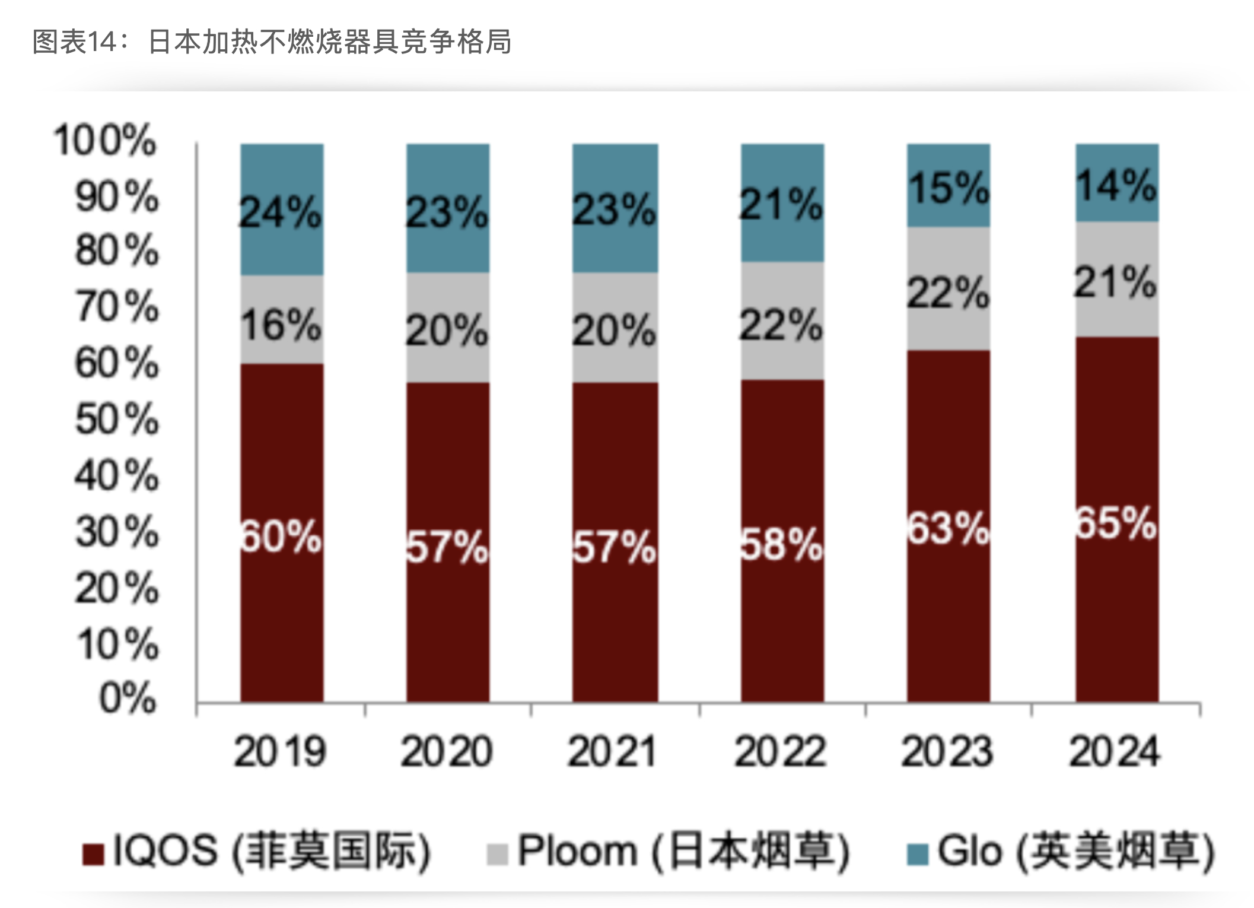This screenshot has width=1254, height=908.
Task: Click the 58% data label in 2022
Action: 781,544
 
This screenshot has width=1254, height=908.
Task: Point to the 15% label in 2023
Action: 948,188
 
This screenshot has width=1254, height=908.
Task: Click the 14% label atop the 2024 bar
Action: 1116,185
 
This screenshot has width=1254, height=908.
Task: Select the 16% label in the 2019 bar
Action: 281,325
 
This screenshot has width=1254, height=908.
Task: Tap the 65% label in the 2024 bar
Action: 1116,523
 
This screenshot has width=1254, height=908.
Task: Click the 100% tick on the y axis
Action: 105,141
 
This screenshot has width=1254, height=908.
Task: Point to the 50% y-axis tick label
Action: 117,420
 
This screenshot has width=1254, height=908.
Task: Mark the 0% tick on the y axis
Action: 128,698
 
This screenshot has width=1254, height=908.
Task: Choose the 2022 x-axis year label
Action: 780,752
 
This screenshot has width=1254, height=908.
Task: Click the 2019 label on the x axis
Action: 280,752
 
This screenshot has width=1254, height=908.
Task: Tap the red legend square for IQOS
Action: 93,855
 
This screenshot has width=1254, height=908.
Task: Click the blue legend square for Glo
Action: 917,855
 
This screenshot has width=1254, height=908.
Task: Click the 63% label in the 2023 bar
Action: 948,528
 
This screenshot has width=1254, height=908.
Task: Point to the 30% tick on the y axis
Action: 117,532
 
